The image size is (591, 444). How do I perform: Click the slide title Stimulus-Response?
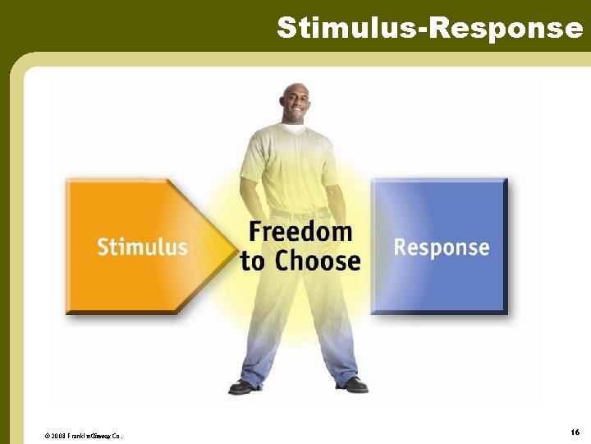429,27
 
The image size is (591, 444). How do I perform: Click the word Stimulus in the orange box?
142,247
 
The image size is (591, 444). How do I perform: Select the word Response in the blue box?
441,247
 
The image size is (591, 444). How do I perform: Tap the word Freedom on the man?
300,233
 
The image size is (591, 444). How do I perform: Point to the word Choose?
318,261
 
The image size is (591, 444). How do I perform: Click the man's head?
295,103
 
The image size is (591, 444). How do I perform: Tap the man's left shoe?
351,385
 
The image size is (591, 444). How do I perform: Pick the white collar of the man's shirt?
295,130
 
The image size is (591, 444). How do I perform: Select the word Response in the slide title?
506,27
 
